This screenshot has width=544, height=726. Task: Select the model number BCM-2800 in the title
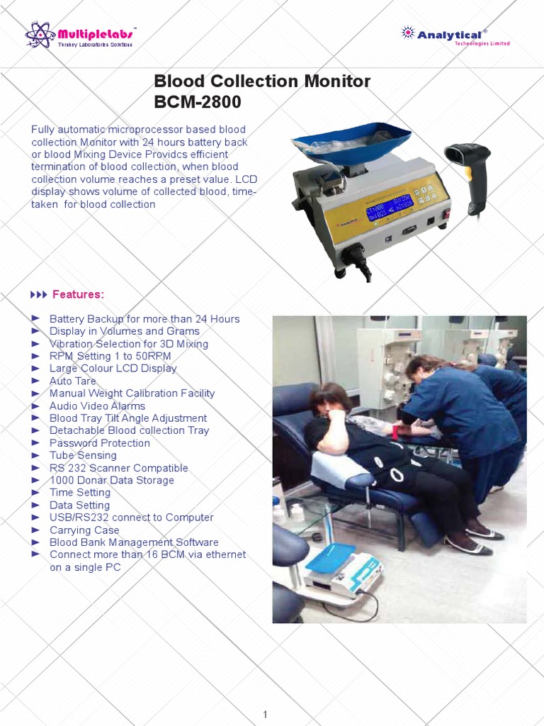pyautogui.click(x=198, y=102)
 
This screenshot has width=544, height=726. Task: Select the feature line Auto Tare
pyautogui.click(x=72, y=381)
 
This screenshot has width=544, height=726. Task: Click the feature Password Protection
pyautogui.click(x=99, y=443)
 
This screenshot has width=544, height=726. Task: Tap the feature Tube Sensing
pyautogui.click(x=83, y=455)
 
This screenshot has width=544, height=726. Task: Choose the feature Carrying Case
pyautogui.click(x=84, y=530)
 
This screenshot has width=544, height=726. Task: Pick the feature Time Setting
pyautogui.click(x=80, y=493)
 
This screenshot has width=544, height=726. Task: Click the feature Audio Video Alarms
pyautogui.click(x=97, y=406)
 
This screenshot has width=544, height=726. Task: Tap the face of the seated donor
pyautogui.click(x=330, y=405)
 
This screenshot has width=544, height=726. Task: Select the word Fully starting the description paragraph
pyautogui.click(x=42, y=130)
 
